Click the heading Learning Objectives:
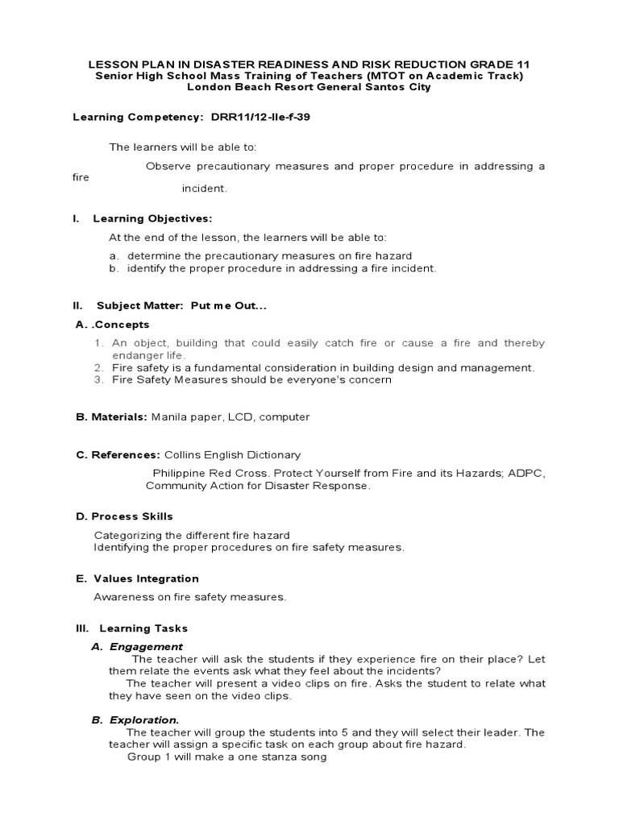[x=152, y=218]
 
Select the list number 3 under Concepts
[x=98, y=379]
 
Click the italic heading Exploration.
[x=144, y=719]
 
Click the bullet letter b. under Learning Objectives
[x=114, y=268]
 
